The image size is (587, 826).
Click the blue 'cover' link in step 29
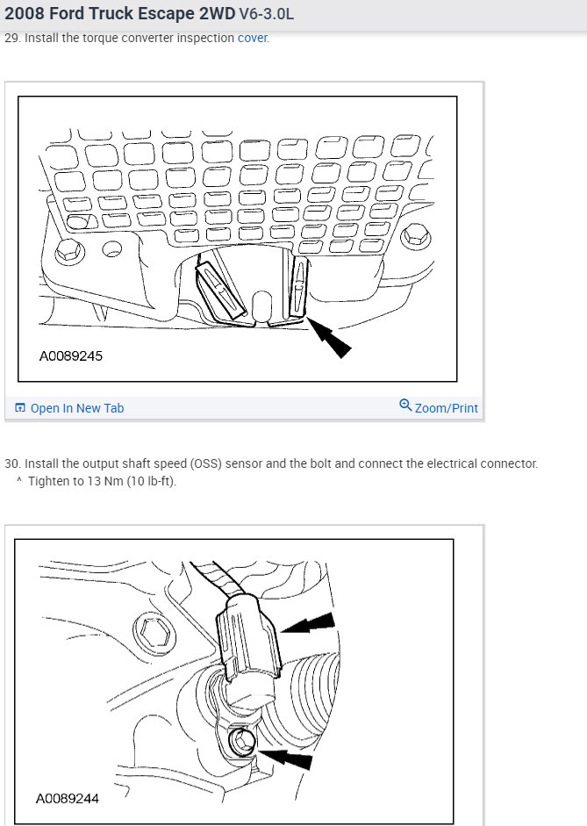click(x=252, y=38)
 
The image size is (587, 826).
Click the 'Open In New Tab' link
click(x=76, y=408)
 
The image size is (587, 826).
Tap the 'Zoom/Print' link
click(x=447, y=408)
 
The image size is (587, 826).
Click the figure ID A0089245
click(x=76, y=357)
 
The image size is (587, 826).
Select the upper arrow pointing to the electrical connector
click(x=309, y=625)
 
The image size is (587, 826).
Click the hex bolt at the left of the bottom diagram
click(x=147, y=629)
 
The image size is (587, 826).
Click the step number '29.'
click(x=12, y=38)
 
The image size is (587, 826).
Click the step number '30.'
click(x=12, y=463)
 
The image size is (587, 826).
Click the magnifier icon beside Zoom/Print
click(x=405, y=406)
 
